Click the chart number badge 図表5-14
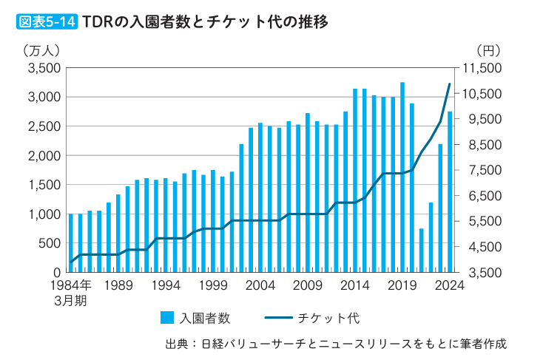(x=46, y=21)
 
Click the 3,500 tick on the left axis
(x=43, y=68)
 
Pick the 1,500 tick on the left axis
(x=43, y=185)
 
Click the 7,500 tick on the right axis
(x=482, y=170)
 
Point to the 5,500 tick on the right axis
(x=482, y=221)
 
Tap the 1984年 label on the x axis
(x=71, y=286)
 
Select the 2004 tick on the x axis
(x=260, y=286)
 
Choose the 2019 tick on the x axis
(x=402, y=286)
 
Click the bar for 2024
(x=450, y=192)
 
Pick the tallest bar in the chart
(x=402, y=177)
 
